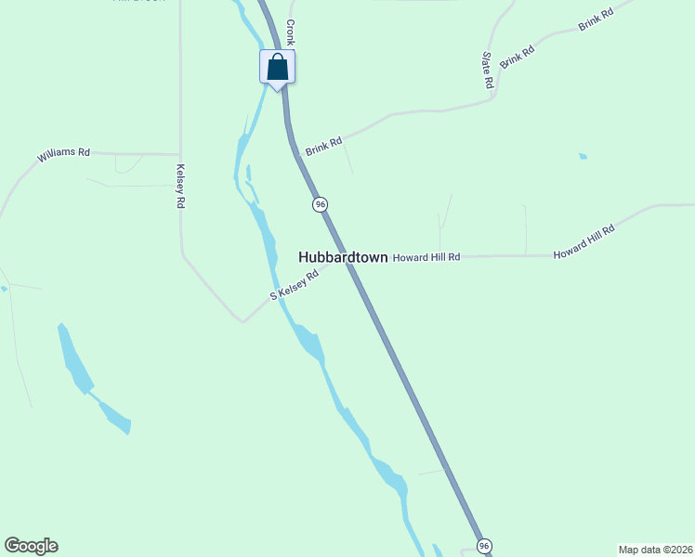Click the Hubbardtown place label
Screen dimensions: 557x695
pyautogui.click(x=342, y=257)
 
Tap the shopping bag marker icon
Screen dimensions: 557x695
pyautogui.click(x=277, y=67)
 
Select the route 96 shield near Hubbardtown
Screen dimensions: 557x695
pyautogui.click(x=320, y=204)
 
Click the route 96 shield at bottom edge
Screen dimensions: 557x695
pyautogui.click(x=483, y=545)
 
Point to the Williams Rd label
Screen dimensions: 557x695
pyautogui.click(x=63, y=154)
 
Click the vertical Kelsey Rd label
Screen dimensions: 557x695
pyautogui.click(x=181, y=186)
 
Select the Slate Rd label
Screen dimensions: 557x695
pyautogui.click(x=488, y=70)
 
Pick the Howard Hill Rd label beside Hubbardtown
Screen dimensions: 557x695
pyautogui.click(x=426, y=257)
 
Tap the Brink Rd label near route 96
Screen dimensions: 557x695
pyautogui.click(x=324, y=146)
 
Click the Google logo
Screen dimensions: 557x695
pyautogui.click(x=31, y=546)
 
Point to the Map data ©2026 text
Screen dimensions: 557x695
pyautogui.click(x=655, y=550)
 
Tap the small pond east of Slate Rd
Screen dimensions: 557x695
pyautogui.click(x=583, y=156)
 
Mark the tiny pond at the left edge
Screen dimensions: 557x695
pyautogui.click(x=4, y=289)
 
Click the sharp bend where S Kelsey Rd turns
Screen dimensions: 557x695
pyautogui.click(x=243, y=321)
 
